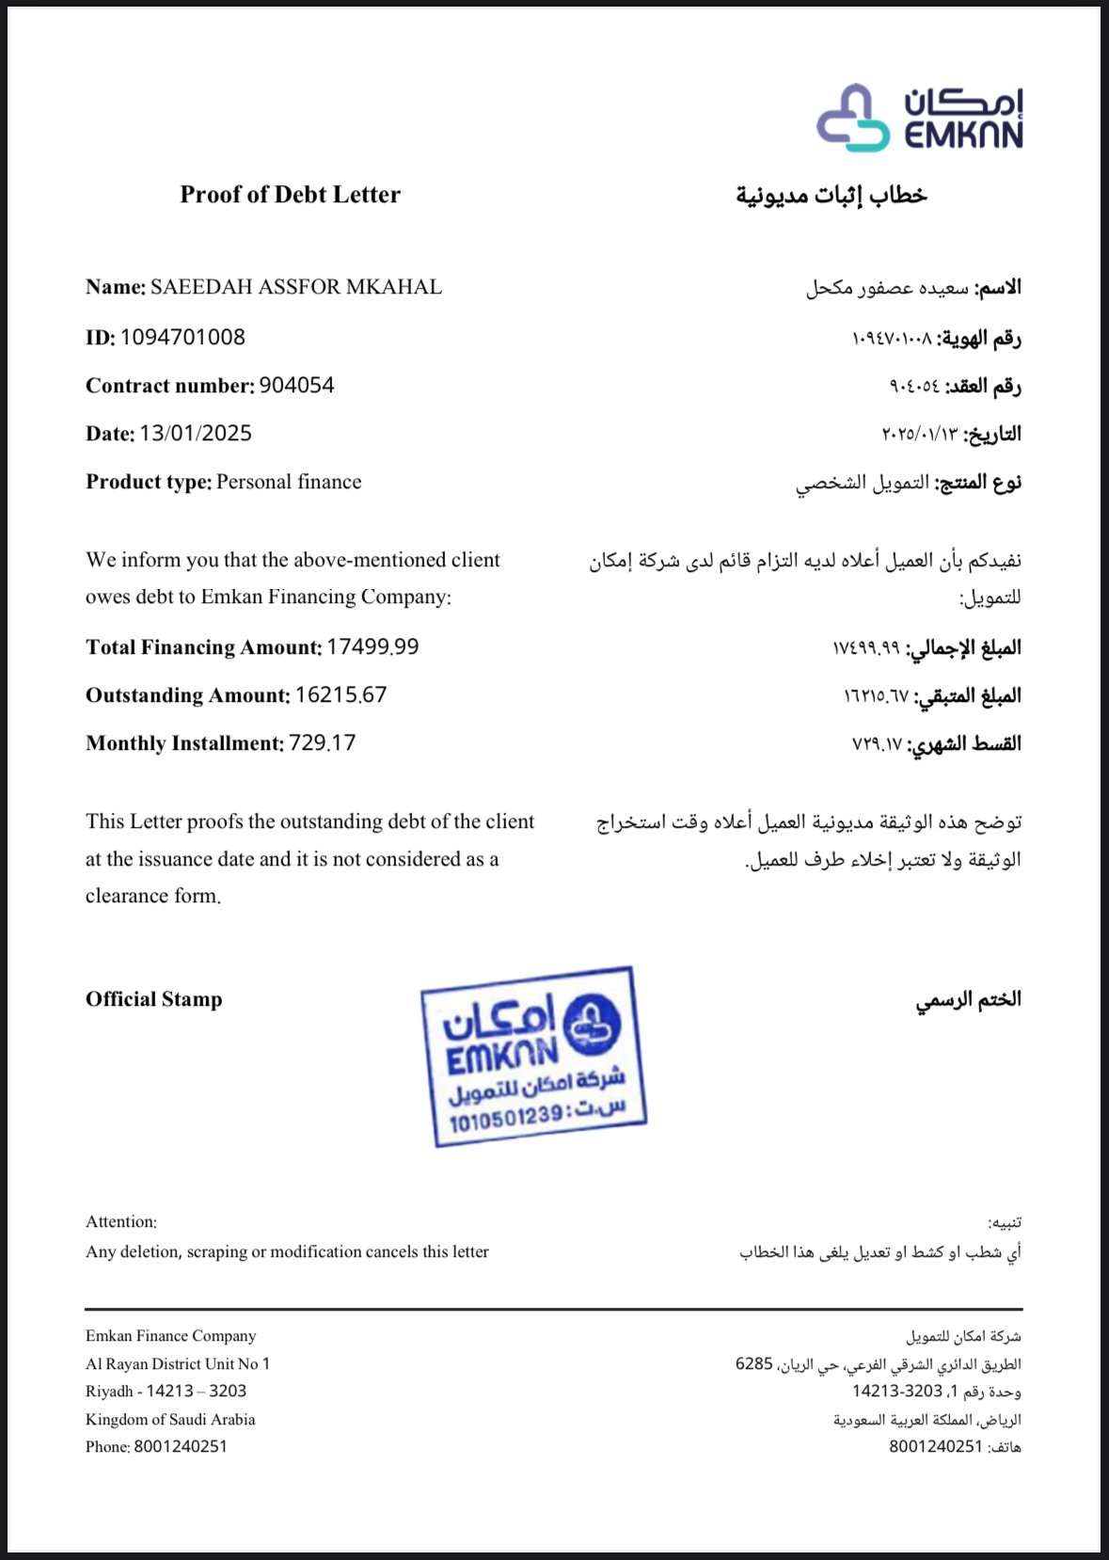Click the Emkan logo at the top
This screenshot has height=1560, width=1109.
(x=919, y=119)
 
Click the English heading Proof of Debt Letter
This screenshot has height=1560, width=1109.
(x=290, y=195)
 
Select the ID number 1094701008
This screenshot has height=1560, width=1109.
(x=182, y=337)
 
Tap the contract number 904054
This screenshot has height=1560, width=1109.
(x=296, y=386)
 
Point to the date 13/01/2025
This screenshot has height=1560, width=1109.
(x=196, y=434)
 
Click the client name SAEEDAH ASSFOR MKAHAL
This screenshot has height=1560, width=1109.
(x=295, y=287)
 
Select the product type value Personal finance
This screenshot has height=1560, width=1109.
(x=289, y=482)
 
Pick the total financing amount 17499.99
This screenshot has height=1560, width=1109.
(x=372, y=647)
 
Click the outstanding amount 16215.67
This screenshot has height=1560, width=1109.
(x=341, y=695)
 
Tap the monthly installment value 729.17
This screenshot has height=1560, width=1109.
(x=322, y=743)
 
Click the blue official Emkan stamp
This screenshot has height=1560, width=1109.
(x=533, y=1056)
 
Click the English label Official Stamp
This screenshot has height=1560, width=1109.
(x=154, y=999)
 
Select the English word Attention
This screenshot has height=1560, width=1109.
(x=120, y=1222)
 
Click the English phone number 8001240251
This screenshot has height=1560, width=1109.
(x=181, y=1446)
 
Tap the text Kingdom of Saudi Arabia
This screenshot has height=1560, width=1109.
(x=170, y=1419)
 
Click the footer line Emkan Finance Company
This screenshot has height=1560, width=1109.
(x=170, y=1336)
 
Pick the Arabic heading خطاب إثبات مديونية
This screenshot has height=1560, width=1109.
(x=832, y=196)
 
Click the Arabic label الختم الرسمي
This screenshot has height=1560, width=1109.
(x=969, y=999)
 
